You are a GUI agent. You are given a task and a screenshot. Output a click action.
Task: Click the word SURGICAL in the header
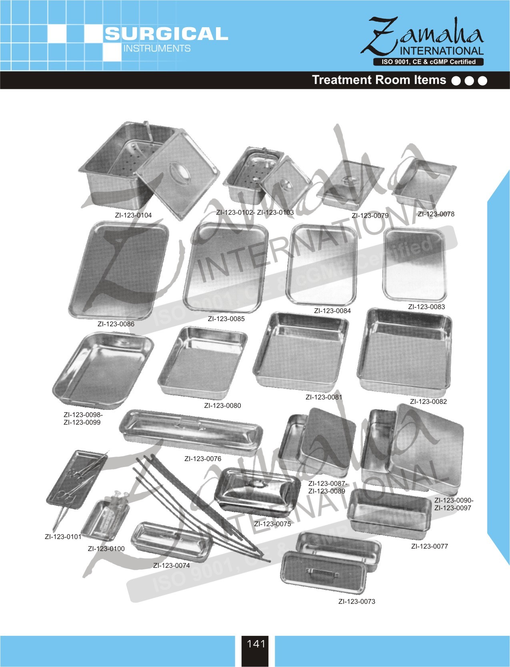[166, 34]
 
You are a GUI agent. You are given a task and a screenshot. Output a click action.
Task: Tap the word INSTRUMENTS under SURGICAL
[157, 48]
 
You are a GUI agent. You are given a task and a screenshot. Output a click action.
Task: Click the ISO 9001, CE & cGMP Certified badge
[428, 62]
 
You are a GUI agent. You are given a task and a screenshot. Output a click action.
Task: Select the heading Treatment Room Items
[379, 80]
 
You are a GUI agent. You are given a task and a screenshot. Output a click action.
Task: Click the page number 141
[256, 643]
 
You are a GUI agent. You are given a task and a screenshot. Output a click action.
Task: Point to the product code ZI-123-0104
[133, 215]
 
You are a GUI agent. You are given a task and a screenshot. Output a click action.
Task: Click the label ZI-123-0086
[116, 324]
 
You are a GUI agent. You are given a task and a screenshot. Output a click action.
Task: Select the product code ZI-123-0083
[426, 307]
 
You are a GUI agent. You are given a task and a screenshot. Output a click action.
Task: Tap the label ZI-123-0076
[203, 459]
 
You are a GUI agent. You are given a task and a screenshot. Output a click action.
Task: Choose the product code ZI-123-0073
[357, 601]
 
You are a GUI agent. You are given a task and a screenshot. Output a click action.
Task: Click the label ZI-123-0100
[106, 549]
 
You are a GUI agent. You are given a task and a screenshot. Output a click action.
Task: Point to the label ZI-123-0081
[324, 397]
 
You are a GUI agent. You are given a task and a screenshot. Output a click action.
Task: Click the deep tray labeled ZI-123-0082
[404, 352]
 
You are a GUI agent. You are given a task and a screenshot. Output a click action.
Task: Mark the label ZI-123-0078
[436, 214]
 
